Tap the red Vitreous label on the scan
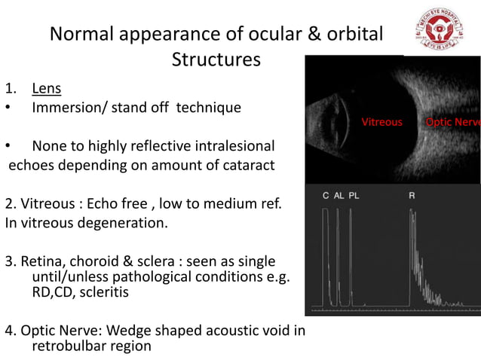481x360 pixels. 381,122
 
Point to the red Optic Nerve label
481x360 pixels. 452,122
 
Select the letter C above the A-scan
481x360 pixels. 326,196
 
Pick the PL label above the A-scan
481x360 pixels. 354,196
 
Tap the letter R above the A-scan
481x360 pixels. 412,196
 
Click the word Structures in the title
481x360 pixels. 216,59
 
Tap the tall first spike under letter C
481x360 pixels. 326,256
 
